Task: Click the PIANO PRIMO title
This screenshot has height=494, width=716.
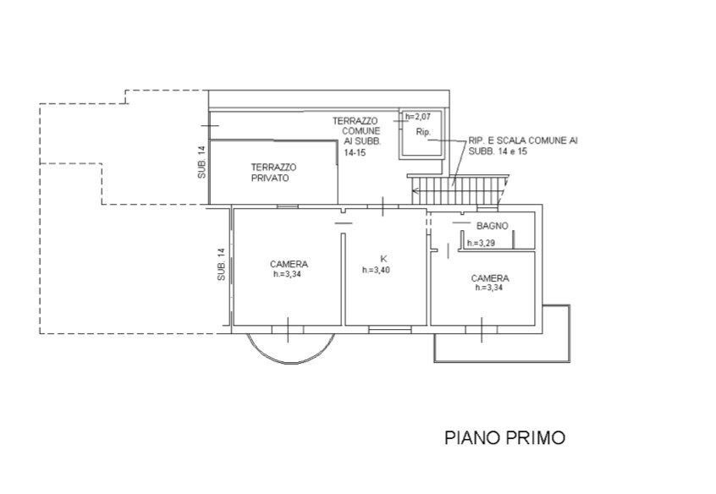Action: coord(505,437)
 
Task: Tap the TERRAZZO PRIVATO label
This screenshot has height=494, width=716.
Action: coord(273,173)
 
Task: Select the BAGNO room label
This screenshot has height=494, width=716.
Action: coord(493,226)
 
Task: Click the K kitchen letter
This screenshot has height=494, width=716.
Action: coord(383,259)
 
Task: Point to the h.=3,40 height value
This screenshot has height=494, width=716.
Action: coord(376,270)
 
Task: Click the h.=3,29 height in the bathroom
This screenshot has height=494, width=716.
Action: coord(481,244)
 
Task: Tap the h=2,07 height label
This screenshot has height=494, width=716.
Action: coord(418,117)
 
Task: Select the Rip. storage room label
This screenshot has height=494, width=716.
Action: coord(423,132)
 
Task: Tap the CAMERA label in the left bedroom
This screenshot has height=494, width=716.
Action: coord(289,264)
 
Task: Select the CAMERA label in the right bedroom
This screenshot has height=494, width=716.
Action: coord(490,278)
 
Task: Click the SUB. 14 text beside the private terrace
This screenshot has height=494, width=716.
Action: coord(201,162)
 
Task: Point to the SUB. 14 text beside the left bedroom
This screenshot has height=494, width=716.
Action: coord(221,264)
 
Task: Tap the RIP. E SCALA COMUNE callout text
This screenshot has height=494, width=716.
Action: coord(523,145)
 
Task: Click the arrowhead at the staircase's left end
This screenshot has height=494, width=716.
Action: coord(414,190)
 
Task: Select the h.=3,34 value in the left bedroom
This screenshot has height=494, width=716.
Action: coord(287,274)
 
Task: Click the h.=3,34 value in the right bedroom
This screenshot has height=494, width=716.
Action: coord(489,288)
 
